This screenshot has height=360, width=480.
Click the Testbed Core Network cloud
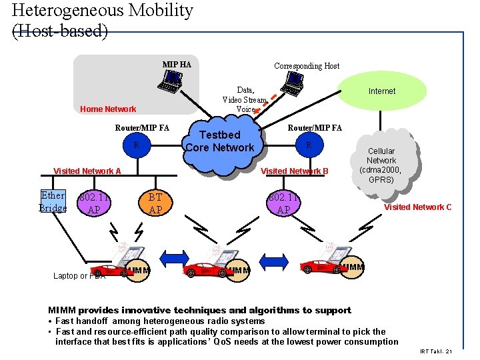point(219,141)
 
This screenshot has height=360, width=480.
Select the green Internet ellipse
point(381,91)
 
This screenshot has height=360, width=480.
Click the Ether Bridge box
point(53,202)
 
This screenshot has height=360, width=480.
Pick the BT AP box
point(155,203)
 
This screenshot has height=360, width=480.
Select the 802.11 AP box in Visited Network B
point(283,203)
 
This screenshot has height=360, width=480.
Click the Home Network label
point(107,109)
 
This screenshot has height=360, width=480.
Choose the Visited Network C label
point(417,207)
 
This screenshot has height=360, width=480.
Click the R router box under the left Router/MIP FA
point(136,145)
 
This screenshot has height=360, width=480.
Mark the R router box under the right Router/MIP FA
point(308,145)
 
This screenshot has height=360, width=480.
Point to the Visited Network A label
point(87,171)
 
